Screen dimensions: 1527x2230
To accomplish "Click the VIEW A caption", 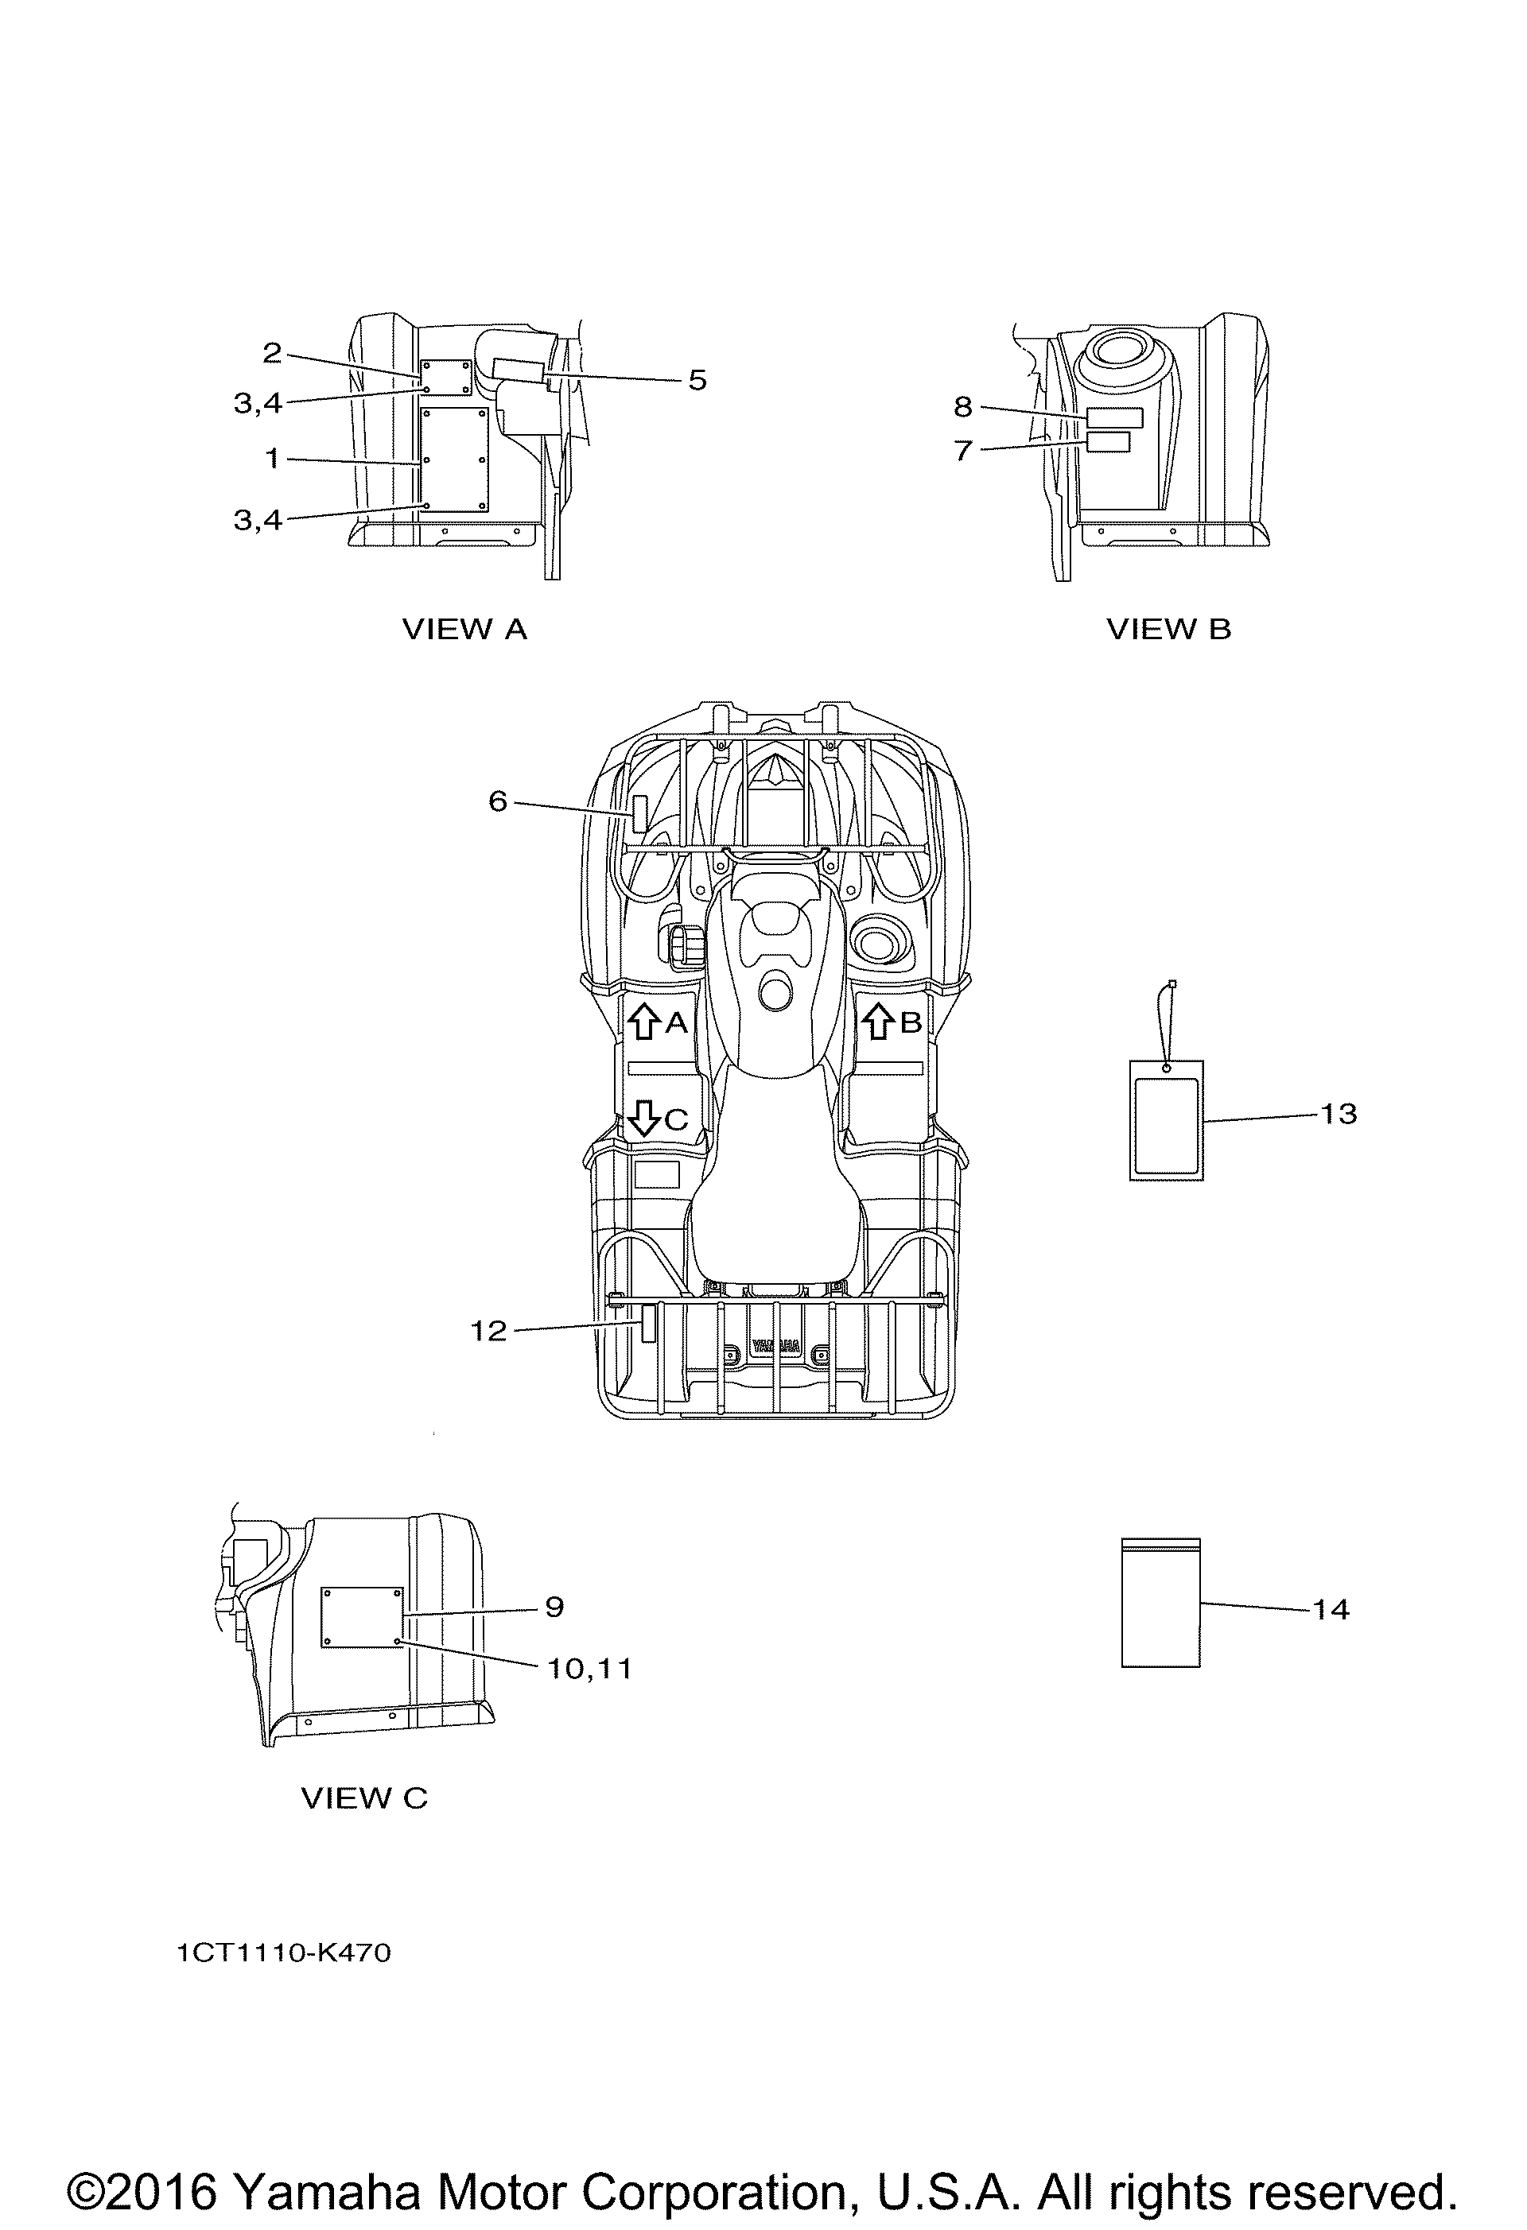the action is click(x=464, y=630).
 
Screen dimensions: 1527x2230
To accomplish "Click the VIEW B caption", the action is click(x=1168, y=630).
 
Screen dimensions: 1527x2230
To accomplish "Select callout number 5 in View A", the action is click(x=697, y=381).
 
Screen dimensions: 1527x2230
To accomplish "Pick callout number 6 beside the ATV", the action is click(x=497, y=801).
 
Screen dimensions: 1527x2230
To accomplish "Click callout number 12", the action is click(x=488, y=1331).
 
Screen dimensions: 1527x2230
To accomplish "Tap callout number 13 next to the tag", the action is click(x=1339, y=1114).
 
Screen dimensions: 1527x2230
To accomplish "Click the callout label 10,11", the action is click(x=589, y=1670).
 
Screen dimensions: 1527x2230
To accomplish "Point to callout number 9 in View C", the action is click(x=555, y=1608).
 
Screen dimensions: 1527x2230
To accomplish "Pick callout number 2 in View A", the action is click(x=273, y=354).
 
